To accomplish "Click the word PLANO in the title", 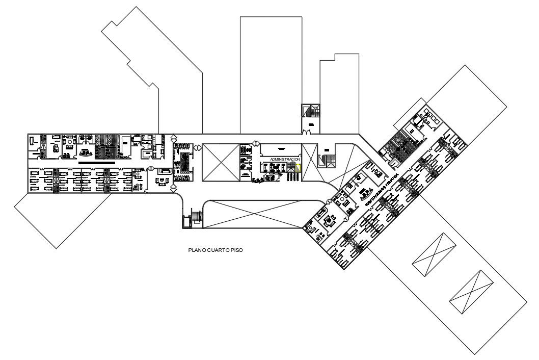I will [196, 250].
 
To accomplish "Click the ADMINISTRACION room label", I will [285, 160].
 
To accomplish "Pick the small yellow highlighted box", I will [299, 167].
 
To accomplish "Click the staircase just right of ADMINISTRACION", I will [325, 160].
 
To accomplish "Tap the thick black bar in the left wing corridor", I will [97, 161].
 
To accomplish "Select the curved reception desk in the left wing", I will [84, 152].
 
